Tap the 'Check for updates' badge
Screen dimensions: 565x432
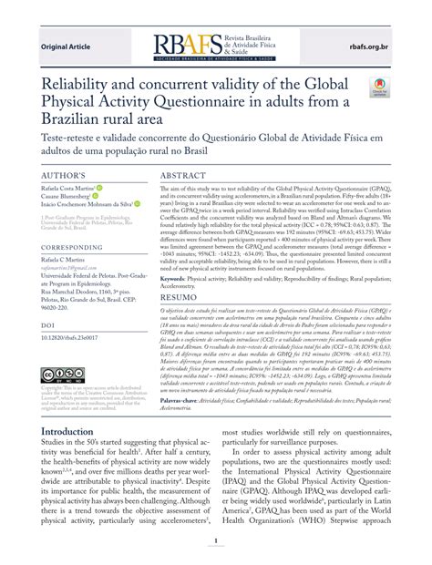tap(378, 87)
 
